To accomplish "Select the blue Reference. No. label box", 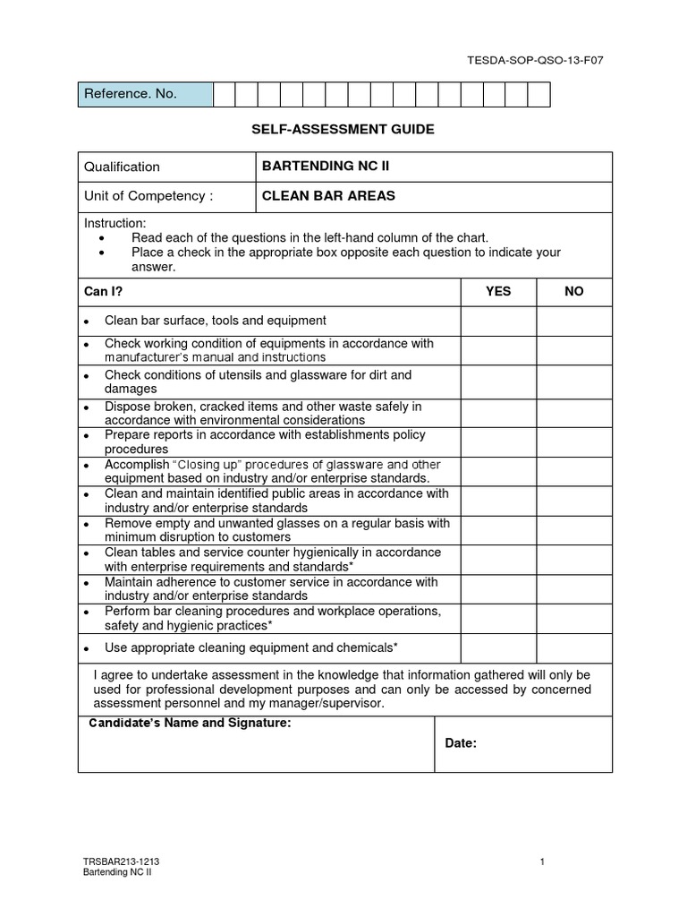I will tap(146, 94).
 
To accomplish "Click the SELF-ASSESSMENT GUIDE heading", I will tap(343, 130).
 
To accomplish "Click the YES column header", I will tap(498, 292).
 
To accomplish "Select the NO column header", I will tap(573, 292).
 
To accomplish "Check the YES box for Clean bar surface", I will tap(498, 321).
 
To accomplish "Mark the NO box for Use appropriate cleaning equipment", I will tap(573, 647).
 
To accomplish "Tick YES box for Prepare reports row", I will tap(498, 441).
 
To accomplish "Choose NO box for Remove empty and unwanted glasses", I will tap(573, 530).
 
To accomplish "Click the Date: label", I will tap(462, 744).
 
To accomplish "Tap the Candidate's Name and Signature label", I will tap(189, 724).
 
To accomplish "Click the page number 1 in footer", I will tap(543, 861).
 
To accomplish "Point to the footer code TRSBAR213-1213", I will tap(122, 861).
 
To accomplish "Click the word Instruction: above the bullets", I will tap(114, 223).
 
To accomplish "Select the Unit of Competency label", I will tap(148, 196).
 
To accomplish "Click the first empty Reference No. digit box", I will tap(224, 94).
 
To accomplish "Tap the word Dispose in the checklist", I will tap(125, 406).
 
